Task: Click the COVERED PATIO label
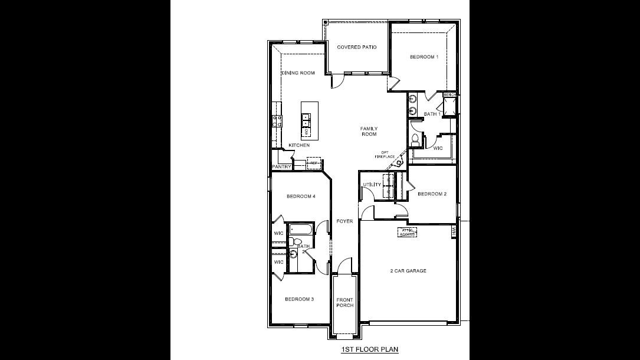coord(356,47)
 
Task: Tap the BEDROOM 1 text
coord(424,57)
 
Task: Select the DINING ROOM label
coord(298,73)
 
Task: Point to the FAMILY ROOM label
coord(369,131)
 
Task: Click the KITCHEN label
coord(299,145)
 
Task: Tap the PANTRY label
coord(282,167)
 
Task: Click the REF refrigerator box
coord(314,162)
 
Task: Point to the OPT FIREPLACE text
coord(385,155)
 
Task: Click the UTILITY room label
coord(372,185)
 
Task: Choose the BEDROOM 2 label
coord(432,194)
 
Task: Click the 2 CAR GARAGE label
coord(408,271)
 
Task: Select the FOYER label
coord(344,221)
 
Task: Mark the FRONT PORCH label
coord(344,303)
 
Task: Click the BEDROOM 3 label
coord(299,299)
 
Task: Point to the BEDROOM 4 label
coord(301,197)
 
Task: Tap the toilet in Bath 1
coord(416,139)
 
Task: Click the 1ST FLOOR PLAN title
coord(369,349)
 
